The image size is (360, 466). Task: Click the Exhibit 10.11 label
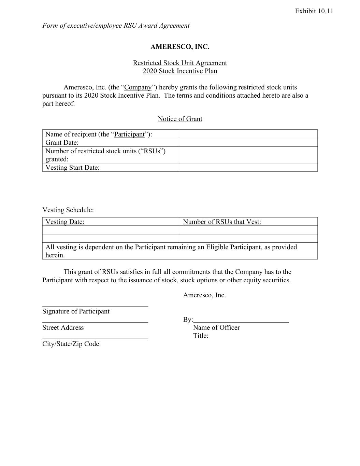(x=314, y=11)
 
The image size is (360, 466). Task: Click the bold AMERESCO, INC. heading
(x=180, y=47)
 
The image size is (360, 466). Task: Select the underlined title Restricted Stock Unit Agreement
(x=180, y=63)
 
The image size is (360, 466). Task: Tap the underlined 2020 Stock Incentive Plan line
(x=180, y=71)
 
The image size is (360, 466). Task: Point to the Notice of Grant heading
(x=180, y=119)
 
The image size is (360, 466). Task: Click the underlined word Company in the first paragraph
(x=138, y=87)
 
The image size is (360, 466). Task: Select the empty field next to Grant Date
(x=248, y=142)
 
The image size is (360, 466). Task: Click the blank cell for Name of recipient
(x=248, y=134)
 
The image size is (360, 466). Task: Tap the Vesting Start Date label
(x=72, y=167)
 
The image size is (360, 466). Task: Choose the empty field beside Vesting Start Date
(x=248, y=167)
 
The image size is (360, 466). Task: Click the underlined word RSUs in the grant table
(x=152, y=151)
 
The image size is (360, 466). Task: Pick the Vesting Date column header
(x=65, y=222)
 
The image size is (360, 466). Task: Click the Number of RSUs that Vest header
(x=222, y=222)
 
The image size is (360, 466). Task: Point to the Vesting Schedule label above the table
(x=68, y=210)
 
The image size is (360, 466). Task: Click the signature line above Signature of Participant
(x=95, y=306)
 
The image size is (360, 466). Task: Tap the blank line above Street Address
(x=95, y=322)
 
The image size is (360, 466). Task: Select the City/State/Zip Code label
(x=71, y=344)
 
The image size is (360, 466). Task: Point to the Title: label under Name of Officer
(x=201, y=336)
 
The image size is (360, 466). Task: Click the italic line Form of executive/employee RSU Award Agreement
(x=116, y=26)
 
